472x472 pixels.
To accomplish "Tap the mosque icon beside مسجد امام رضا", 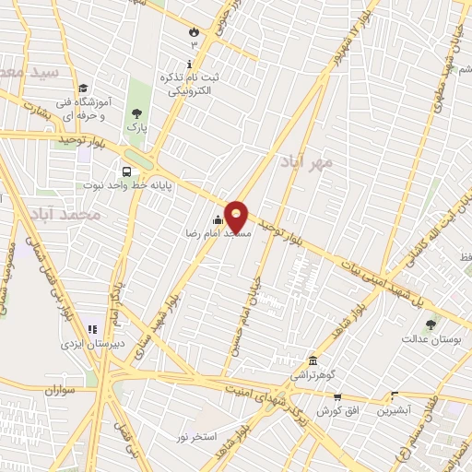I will click(218, 219).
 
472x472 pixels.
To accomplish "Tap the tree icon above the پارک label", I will click(136, 112).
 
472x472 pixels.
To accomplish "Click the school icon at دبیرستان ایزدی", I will click(90, 329).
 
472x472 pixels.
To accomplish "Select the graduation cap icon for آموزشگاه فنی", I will click(83, 88).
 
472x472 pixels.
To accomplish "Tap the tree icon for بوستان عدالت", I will click(430, 324).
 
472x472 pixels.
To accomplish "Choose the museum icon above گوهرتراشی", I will click(314, 360).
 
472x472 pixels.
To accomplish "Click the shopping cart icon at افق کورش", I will click(337, 396).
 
